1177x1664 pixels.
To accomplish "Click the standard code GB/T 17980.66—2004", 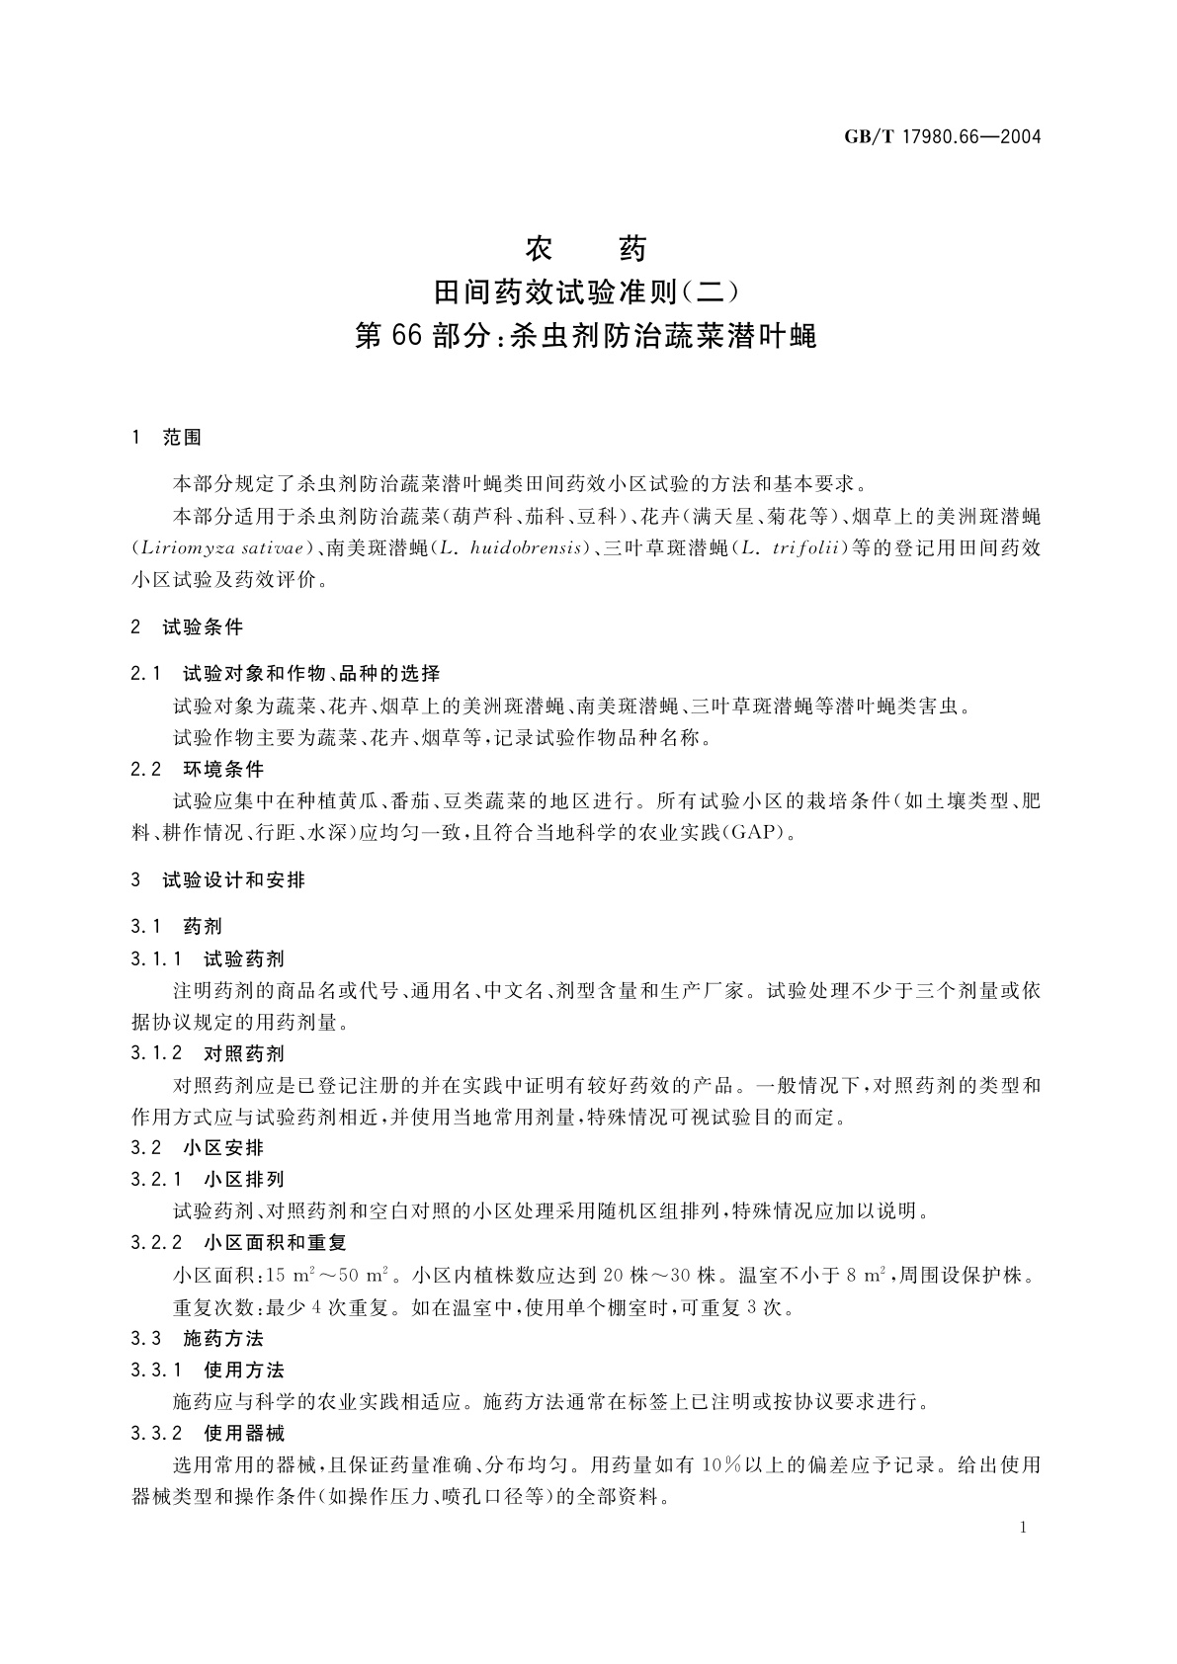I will point(943,137).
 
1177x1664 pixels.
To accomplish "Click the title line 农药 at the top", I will point(587,248).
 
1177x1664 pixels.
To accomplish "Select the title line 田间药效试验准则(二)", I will point(587,292).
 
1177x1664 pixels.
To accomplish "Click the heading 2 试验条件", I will point(188,627).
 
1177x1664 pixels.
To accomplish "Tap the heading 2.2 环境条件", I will point(198,769).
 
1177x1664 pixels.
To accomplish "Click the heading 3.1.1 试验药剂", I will point(208,958).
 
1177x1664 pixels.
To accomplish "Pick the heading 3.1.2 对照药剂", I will point(208,1053).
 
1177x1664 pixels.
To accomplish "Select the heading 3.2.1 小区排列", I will point(208,1180).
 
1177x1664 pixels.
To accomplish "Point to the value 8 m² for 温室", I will point(866,1276).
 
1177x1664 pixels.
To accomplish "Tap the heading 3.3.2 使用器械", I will point(208,1433).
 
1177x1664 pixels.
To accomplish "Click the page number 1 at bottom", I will point(1023,1529).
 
